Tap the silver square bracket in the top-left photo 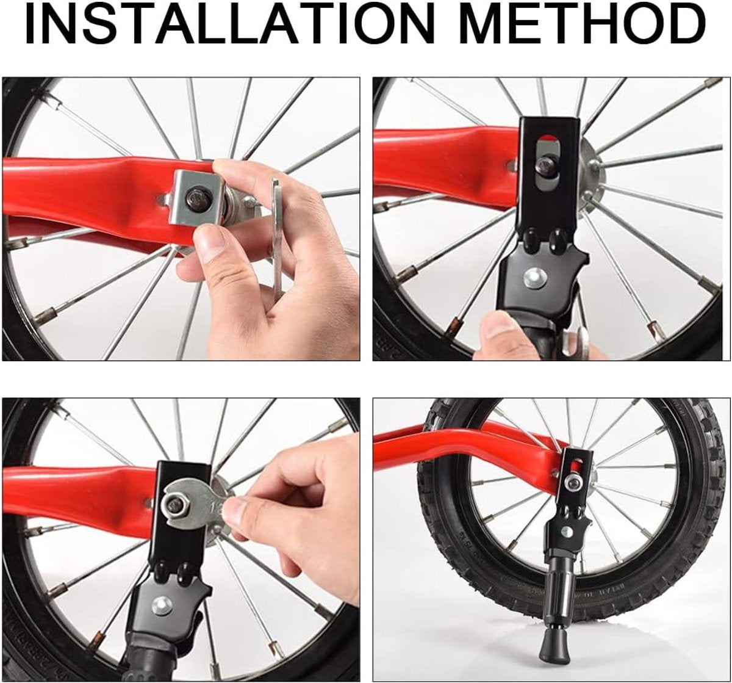point(197,197)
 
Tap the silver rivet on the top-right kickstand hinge point(533,276)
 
